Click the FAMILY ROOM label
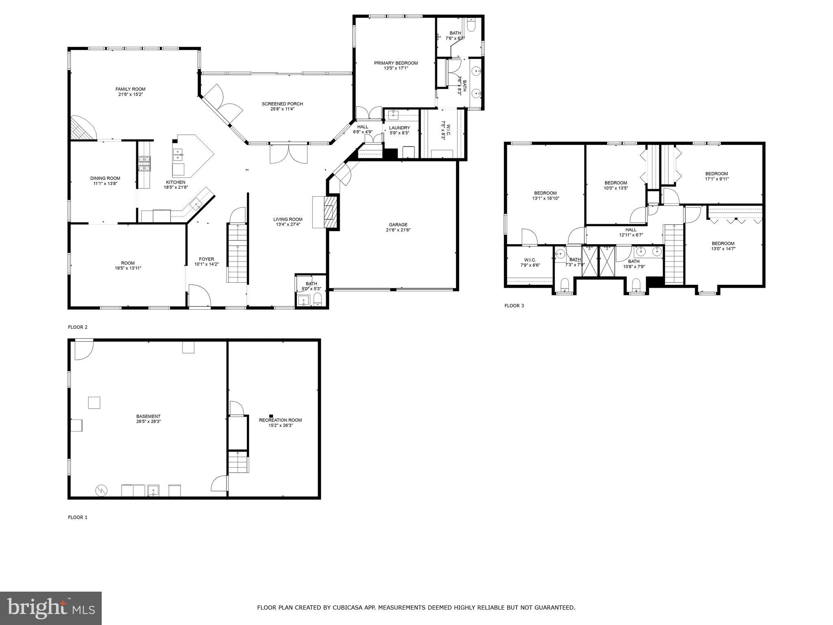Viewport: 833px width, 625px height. [130, 89]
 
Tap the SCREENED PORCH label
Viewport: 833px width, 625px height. [282, 104]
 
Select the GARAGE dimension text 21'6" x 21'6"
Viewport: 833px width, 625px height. [398, 230]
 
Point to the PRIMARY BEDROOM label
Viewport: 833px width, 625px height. [396, 63]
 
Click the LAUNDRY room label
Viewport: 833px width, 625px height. [399, 128]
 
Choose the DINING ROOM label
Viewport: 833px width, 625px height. [105, 178]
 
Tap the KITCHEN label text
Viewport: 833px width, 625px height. [175, 182]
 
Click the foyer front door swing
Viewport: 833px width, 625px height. [199, 295]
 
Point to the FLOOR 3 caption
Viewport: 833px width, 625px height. [514, 306]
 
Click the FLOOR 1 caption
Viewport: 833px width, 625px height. [77, 518]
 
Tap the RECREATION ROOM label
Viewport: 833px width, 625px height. [280, 420]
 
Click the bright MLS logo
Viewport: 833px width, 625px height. [50, 608]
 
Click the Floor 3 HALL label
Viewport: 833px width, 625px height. [631, 230]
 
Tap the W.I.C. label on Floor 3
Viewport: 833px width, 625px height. [530, 260]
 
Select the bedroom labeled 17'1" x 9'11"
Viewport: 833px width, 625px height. [716, 176]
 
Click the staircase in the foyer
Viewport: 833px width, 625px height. [237, 252]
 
